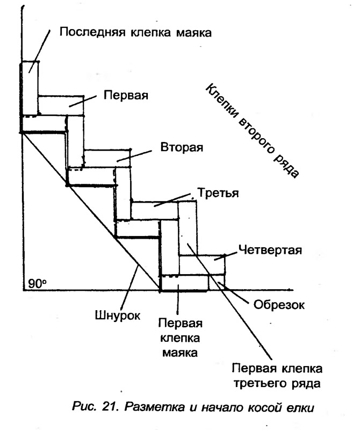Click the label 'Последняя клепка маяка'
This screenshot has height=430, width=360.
coord(135,32)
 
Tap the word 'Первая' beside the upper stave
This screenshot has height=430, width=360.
coord(126,96)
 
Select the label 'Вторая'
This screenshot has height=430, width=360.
coord(182,147)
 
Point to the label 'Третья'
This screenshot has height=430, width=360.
coord(218,193)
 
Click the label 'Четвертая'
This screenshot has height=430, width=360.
coord(270,250)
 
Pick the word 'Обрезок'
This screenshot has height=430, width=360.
coord(279,305)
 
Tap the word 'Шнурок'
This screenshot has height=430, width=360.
coord(117,316)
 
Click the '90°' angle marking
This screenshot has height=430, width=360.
coord(37,284)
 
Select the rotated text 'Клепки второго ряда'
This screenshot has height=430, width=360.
coord(251,131)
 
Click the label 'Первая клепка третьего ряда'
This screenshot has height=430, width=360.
coord(277,376)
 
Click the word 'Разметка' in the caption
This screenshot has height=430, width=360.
coord(155,407)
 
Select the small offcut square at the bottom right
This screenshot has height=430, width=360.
coord(217,282)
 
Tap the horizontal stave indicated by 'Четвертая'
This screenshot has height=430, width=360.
coord(202,265)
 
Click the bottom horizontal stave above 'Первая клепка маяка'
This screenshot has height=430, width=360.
coord(185,283)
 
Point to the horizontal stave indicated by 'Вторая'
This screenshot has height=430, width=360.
coord(107,158)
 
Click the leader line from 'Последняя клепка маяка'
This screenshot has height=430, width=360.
coord(40,51)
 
